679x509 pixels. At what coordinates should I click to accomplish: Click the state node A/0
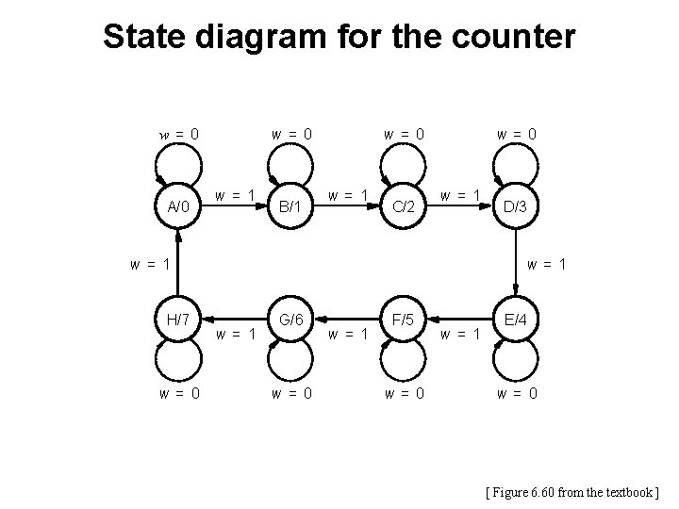click(x=178, y=205)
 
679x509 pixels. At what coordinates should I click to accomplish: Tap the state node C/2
click(x=403, y=205)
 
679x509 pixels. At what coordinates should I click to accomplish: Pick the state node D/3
click(x=516, y=205)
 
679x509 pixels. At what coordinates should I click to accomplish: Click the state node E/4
click(x=516, y=320)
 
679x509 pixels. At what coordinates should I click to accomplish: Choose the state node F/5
click(x=403, y=320)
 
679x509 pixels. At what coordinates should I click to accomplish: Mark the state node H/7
click(x=178, y=320)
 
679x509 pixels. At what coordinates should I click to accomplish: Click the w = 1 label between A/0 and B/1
click(x=234, y=195)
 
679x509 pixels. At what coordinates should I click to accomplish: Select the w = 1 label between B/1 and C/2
click(x=346, y=195)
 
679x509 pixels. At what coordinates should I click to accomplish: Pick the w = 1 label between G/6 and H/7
click(x=235, y=333)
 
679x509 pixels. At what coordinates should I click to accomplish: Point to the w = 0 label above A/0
click(x=178, y=134)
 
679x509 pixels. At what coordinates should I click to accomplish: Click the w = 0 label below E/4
click(x=516, y=393)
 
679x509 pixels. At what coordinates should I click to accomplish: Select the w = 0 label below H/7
click(x=178, y=393)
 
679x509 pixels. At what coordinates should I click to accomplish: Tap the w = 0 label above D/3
click(x=517, y=134)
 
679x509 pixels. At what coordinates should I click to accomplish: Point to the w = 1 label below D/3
click(x=545, y=264)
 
